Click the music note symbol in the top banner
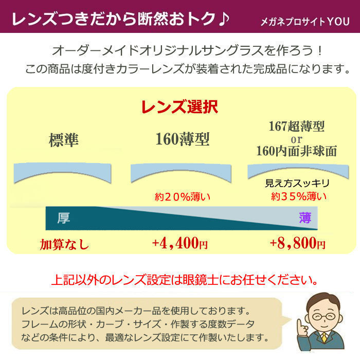tap(222, 19)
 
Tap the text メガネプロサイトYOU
tap(304, 23)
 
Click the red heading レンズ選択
tap(179, 106)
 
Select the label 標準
tap(64, 140)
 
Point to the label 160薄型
tap(183, 139)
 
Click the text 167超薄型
tap(297, 126)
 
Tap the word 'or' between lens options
tap(296, 139)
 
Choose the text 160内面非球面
tap(296, 152)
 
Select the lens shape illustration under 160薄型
tap(182, 173)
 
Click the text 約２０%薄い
tap(183, 196)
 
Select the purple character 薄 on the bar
tap(305, 218)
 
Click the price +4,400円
tap(179, 244)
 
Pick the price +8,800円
tap(297, 244)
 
